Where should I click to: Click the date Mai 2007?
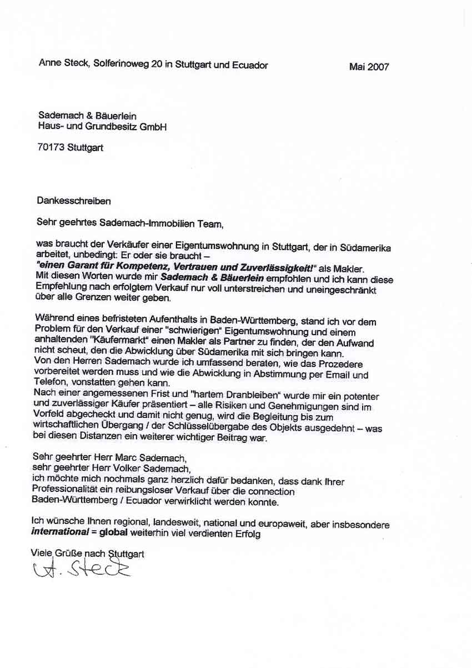(369, 67)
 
